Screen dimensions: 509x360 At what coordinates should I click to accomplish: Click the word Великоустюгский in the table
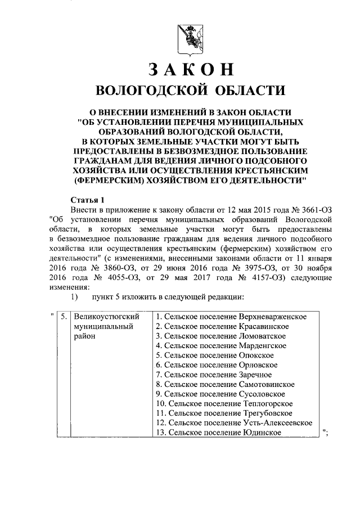click(x=105, y=317)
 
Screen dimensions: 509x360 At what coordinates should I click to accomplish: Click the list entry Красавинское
click(x=264, y=326)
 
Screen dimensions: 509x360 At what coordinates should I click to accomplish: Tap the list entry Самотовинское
click(x=267, y=384)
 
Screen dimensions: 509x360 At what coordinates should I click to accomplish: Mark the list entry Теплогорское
click(x=267, y=403)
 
